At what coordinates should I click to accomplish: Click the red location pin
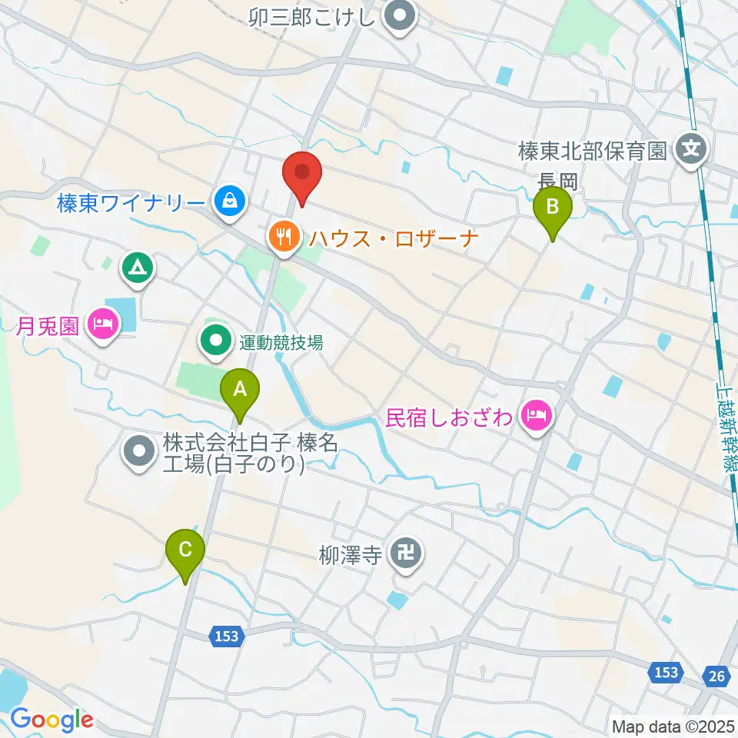(302, 174)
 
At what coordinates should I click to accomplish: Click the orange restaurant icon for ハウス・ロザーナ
(284, 236)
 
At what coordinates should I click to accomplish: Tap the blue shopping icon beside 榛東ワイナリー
(228, 202)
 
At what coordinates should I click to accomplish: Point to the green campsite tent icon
(138, 268)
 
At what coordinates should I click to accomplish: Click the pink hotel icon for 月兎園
(101, 323)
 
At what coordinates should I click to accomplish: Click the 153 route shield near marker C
(226, 636)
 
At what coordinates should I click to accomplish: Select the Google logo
(52, 720)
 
